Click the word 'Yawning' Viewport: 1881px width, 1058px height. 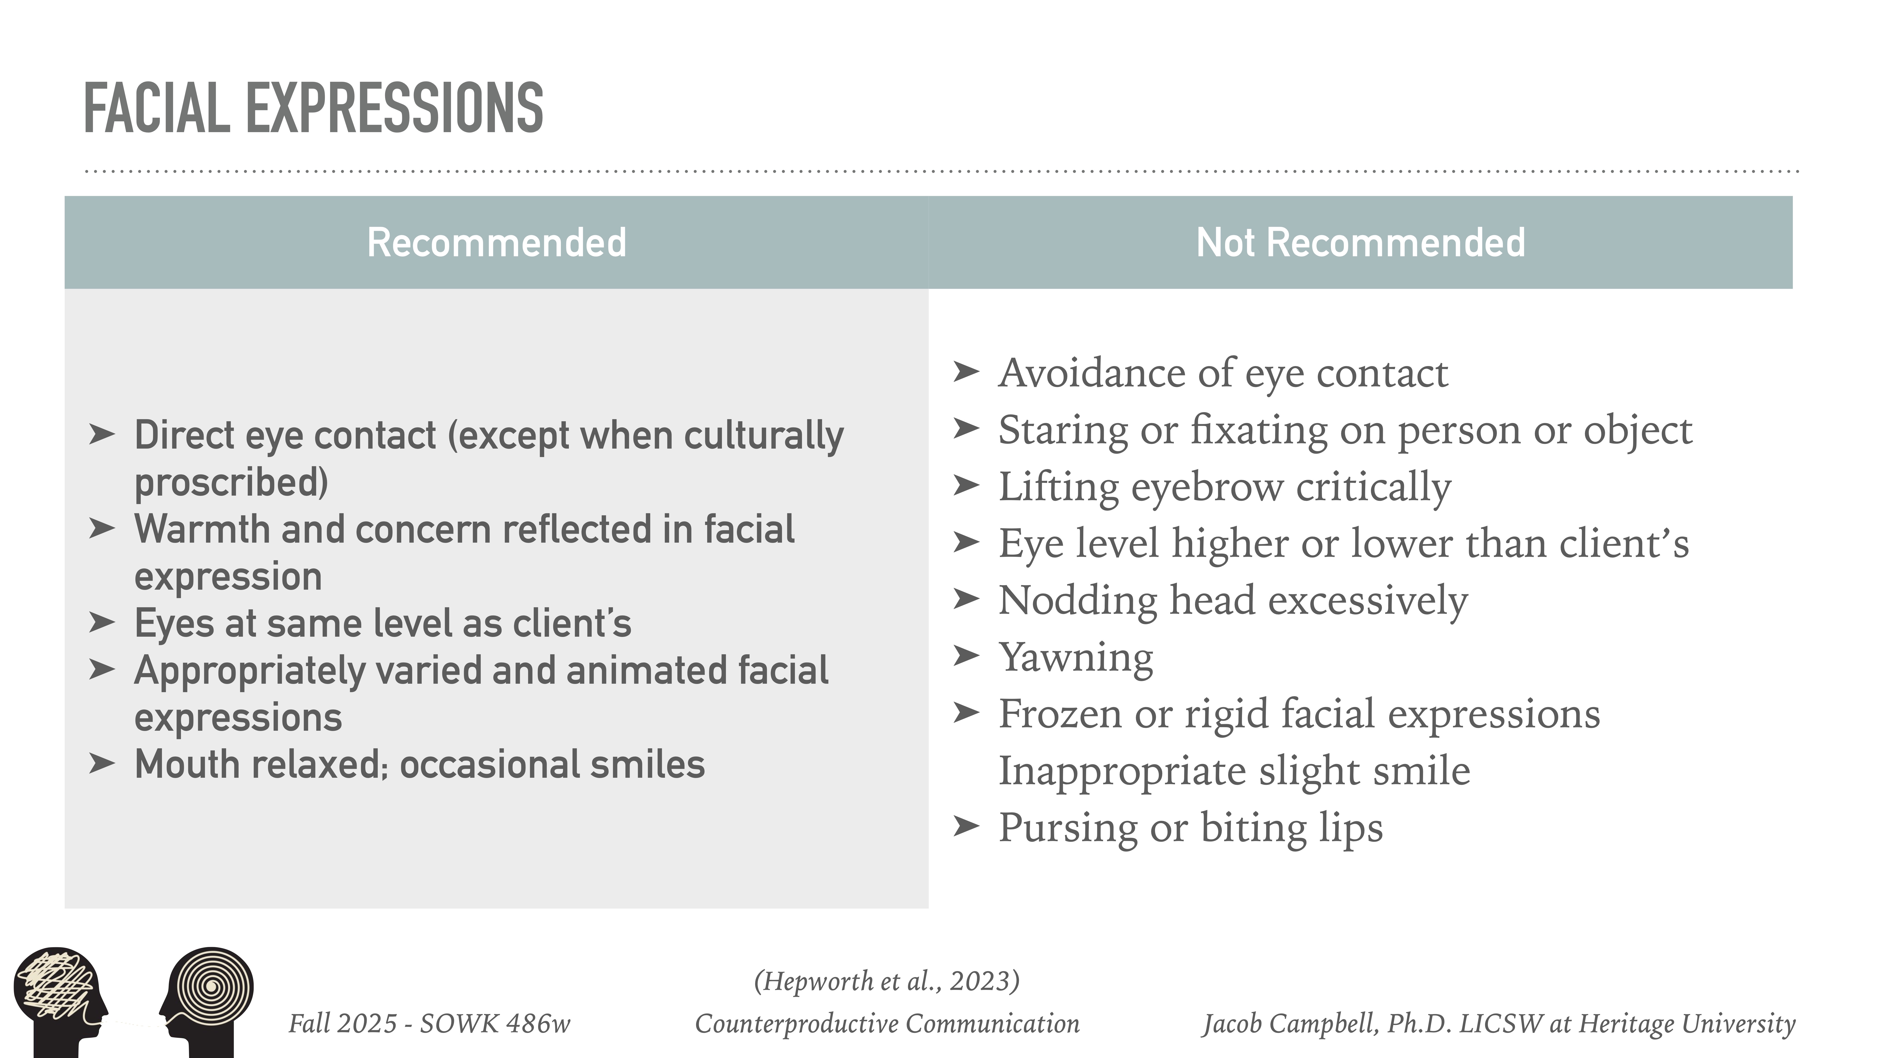coord(1076,657)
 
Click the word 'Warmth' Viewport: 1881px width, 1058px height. coord(201,529)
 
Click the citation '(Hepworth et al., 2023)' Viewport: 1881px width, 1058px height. coord(887,981)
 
